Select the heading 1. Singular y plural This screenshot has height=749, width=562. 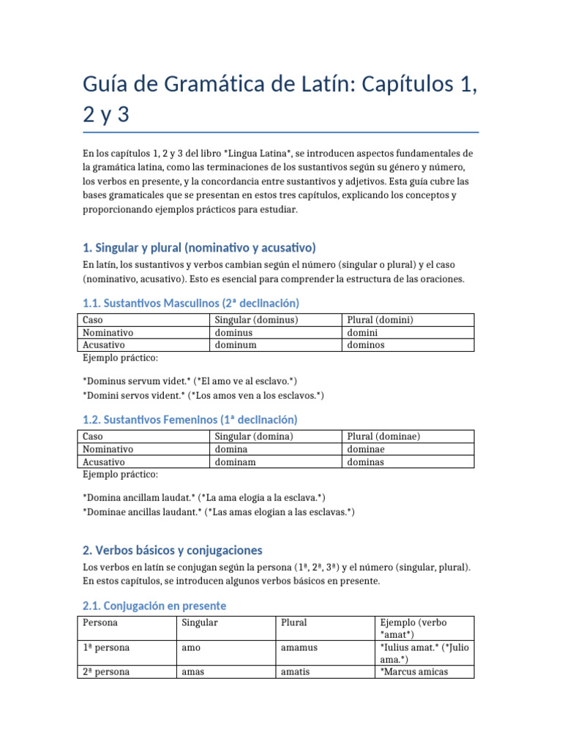click(199, 248)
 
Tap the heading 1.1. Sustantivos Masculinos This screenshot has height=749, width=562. click(191, 303)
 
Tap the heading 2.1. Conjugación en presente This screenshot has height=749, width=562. click(154, 606)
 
